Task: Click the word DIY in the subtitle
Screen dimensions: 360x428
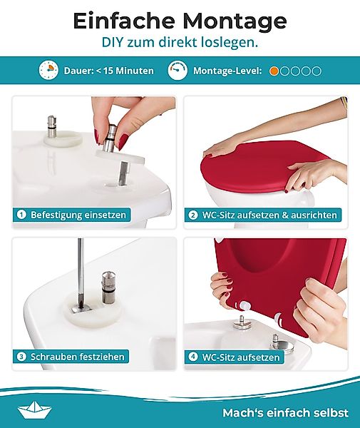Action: pos(112,42)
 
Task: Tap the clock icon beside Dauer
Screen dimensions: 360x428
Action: pos(48,71)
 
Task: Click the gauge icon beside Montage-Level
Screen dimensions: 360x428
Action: pos(178,71)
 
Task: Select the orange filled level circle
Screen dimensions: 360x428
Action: pos(274,71)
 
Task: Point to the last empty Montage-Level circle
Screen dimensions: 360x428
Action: pos(317,71)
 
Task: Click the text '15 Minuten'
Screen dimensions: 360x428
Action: pos(128,71)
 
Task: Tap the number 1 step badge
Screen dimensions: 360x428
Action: pos(21,215)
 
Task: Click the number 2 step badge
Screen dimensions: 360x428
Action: pos(192,215)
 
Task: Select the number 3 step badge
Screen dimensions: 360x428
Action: pos(21,357)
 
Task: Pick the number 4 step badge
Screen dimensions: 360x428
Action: pos(192,357)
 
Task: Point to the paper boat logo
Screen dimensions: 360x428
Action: pos(34,409)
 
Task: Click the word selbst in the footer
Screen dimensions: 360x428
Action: pos(332,412)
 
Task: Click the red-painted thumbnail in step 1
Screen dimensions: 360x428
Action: pos(123,141)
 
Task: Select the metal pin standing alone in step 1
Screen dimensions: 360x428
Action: pos(52,127)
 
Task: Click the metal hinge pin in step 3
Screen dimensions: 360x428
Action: pos(108,287)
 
